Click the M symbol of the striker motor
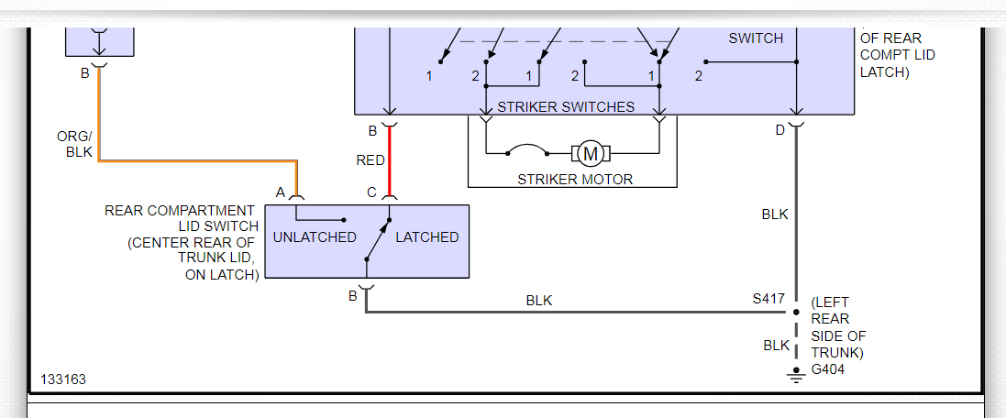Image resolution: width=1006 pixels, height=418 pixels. [x=591, y=152]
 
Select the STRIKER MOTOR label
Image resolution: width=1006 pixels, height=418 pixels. [x=575, y=179]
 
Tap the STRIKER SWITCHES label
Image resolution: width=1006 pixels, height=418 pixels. [x=566, y=106]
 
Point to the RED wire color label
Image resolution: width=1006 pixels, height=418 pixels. [x=370, y=160]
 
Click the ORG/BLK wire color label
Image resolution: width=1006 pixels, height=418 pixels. [x=74, y=145]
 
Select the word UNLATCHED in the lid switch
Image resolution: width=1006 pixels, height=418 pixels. [x=315, y=237]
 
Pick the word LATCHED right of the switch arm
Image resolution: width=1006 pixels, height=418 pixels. [x=426, y=237]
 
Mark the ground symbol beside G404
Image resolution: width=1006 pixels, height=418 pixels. [x=796, y=375]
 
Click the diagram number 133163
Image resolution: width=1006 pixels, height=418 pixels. [x=62, y=379]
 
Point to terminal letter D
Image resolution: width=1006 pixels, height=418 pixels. [x=779, y=130]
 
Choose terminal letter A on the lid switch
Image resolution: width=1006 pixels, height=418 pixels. [x=281, y=192]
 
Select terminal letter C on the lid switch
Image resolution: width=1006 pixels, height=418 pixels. [x=371, y=192]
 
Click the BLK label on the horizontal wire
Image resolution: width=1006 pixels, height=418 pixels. [x=539, y=301]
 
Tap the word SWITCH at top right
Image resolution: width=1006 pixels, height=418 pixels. [x=756, y=38]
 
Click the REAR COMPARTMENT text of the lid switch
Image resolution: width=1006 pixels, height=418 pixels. [x=180, y=211]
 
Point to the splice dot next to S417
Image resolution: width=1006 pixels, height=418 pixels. [x=796, y=312]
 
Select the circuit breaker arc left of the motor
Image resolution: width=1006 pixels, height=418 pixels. [x=526, y=148]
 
